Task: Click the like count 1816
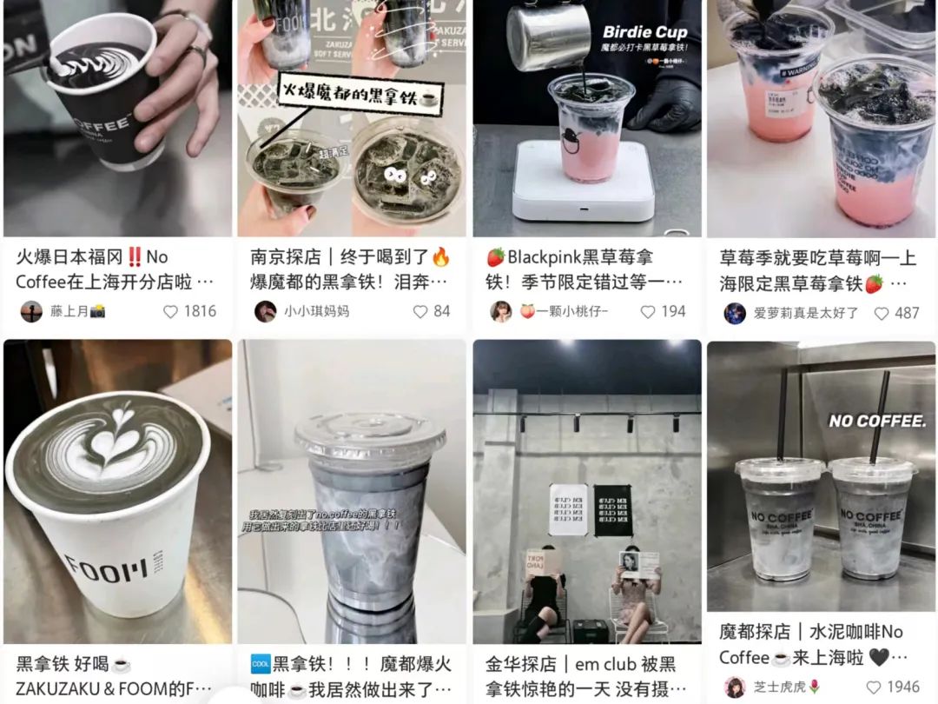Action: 200,311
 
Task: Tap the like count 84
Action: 441,311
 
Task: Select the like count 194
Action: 673,311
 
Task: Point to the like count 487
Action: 907,313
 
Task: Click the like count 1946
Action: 902,687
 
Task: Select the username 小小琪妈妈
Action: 316,311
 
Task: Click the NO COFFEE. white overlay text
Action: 877,421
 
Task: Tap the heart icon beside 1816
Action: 170,311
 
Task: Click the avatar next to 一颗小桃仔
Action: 500,311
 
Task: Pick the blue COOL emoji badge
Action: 260,664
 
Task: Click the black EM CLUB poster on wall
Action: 613,509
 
